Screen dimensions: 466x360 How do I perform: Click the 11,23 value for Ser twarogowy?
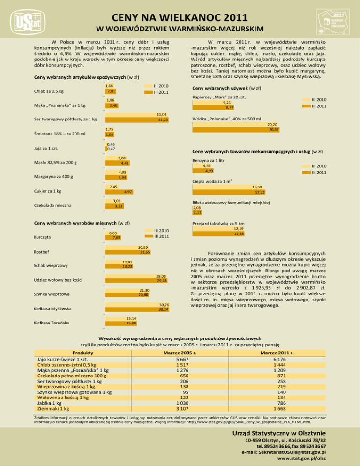[162, 120]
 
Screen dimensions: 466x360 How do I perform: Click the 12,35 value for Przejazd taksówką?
[240, 233]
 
